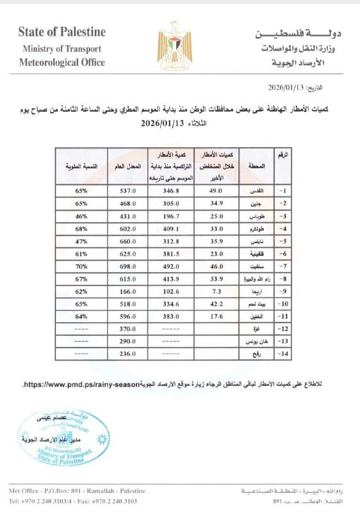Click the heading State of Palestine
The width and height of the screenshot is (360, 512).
click(62, 32)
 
